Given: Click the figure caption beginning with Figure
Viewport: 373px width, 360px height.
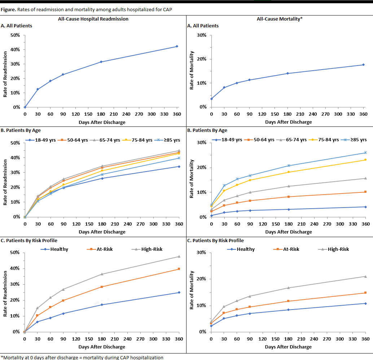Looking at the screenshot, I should [87, 9].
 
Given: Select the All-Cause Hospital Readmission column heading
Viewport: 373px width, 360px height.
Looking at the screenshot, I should [93, 19].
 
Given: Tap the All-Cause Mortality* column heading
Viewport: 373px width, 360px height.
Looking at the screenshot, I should [280, 19].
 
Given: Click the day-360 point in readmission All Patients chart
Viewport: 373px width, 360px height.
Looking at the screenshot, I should [177, 46].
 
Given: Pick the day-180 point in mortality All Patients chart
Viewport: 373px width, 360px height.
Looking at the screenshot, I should [288, 74].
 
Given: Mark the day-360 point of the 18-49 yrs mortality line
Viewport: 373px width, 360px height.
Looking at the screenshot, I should [365, 207].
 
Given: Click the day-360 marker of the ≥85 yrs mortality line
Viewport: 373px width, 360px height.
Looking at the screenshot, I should [365, 153].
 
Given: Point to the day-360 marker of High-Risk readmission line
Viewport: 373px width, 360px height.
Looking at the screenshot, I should [179, 257].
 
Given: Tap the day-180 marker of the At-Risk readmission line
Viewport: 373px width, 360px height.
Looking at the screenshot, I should [102, 287].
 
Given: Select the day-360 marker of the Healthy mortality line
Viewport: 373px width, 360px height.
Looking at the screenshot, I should [365, 303].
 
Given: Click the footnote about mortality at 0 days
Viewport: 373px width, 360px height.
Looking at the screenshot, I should [82, 357].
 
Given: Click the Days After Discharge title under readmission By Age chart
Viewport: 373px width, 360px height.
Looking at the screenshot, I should [102, 232].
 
